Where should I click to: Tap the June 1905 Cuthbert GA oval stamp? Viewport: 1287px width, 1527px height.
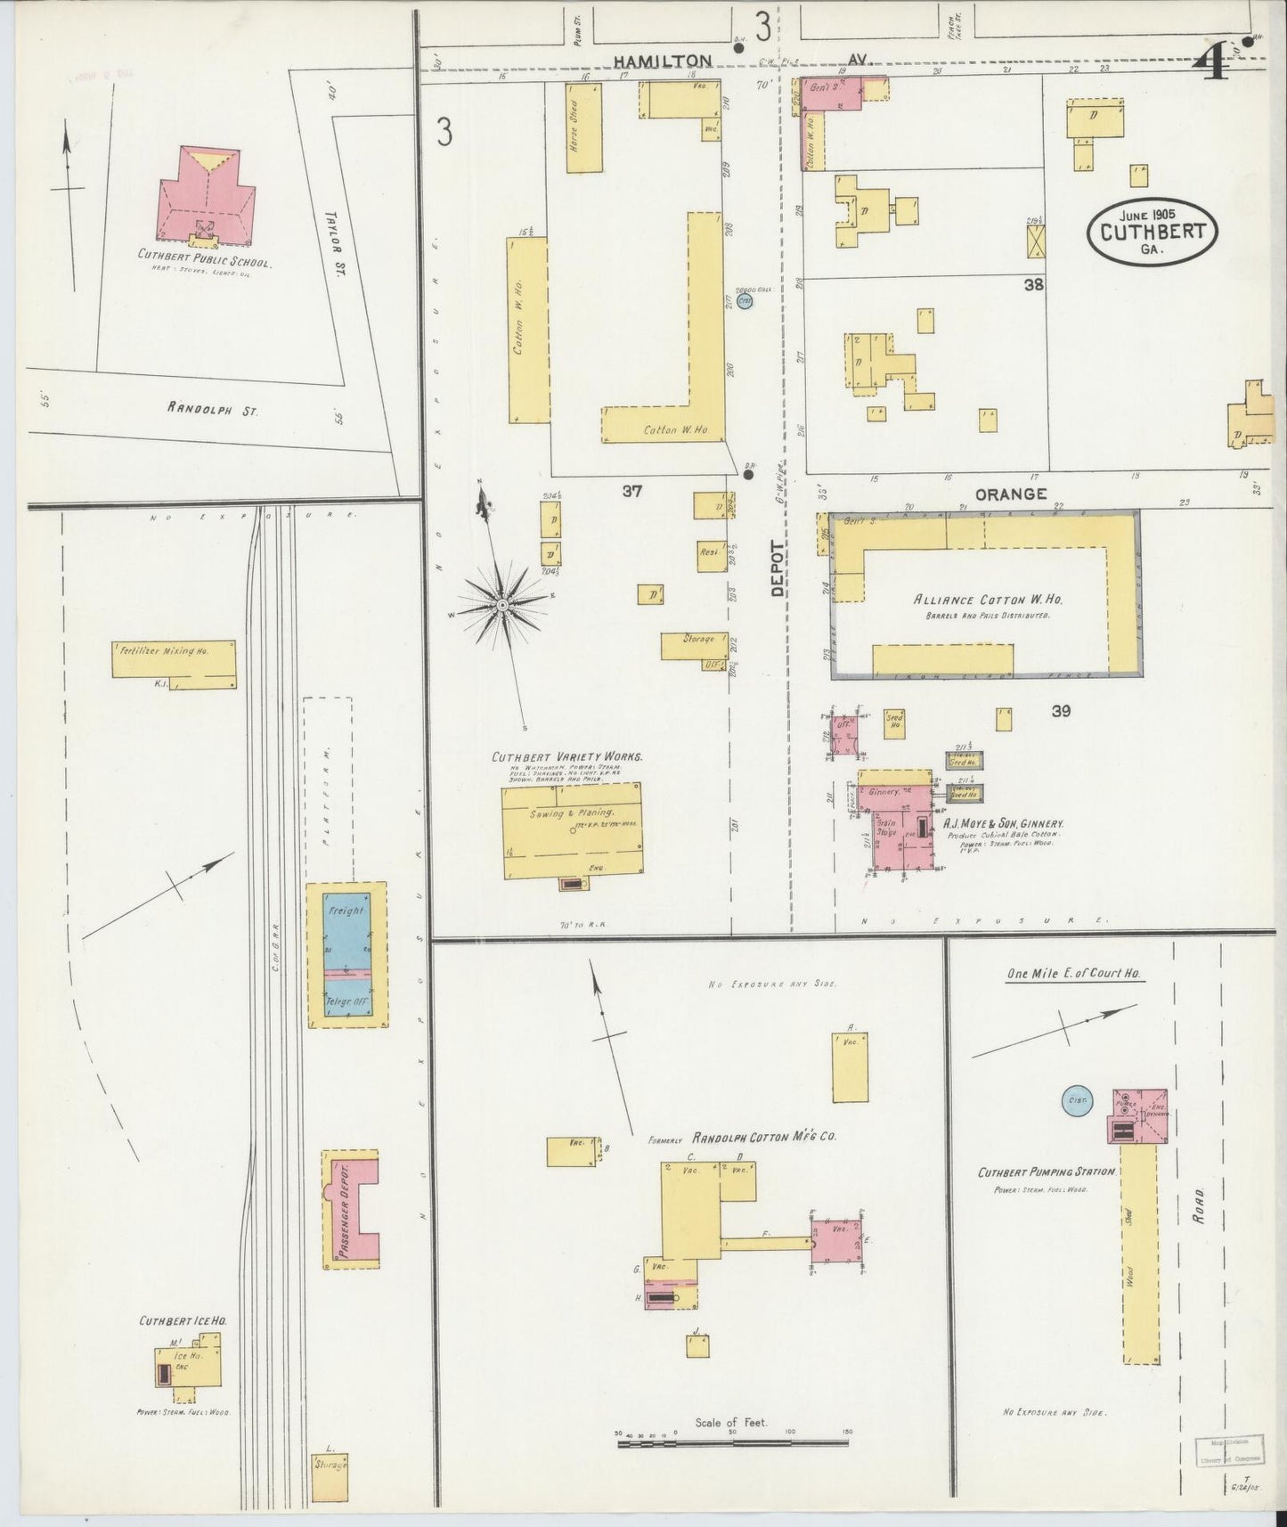[1152, 230]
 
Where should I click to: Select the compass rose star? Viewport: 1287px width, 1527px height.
[503, 606]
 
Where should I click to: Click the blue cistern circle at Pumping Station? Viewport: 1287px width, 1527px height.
[1077, 1101]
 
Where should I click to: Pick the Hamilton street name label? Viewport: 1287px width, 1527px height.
[662, 61]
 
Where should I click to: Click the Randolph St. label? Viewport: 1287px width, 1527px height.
[211, 410]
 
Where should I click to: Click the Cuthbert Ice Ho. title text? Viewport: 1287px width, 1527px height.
[182, 1321]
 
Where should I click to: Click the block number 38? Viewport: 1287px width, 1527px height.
[1033, 285]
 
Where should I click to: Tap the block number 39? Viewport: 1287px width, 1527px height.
[1060, 711]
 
